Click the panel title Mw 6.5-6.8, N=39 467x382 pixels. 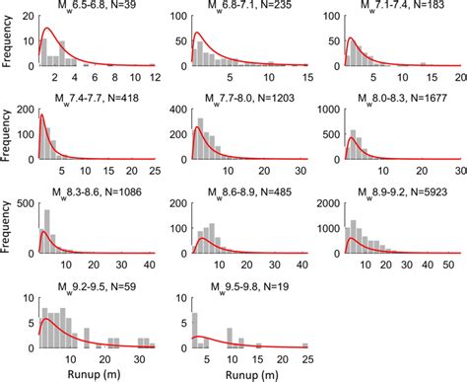coord(96,8)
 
